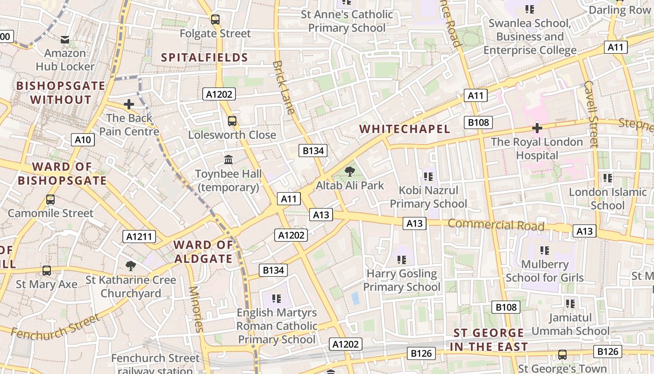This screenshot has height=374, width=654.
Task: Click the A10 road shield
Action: coord(83,139)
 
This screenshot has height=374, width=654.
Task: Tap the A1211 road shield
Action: coord(139,237)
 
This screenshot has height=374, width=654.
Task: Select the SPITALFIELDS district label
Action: coord(204,58)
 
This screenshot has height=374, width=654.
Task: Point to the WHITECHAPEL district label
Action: coord(405,129)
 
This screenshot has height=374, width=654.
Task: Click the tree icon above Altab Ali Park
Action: coord(349,172)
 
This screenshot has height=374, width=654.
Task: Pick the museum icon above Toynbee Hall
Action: coord(228,160)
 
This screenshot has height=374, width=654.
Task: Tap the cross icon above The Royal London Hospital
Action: coord(537,128)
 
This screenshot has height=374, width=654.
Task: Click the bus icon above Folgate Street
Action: coord(215,20)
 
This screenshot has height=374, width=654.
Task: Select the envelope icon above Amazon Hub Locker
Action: coord(65,40)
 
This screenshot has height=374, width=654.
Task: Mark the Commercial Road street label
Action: coord(496,225)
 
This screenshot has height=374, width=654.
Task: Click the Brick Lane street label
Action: coord(284,87)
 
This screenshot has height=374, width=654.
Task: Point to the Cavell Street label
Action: coord(591,114)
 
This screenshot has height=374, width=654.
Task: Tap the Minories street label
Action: coord(196,309)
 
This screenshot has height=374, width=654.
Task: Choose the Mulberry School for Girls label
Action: coord(545,271)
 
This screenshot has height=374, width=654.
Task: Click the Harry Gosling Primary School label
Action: coord(402,280)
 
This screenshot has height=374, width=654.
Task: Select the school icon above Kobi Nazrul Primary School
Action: coord(428,177)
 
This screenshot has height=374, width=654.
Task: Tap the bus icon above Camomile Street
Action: coord(50,200)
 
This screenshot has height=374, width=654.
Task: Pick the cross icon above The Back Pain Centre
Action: coord(129,104)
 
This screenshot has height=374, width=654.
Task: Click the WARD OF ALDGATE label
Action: coord(203,252)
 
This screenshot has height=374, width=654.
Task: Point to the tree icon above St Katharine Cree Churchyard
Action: coord(131,266)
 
